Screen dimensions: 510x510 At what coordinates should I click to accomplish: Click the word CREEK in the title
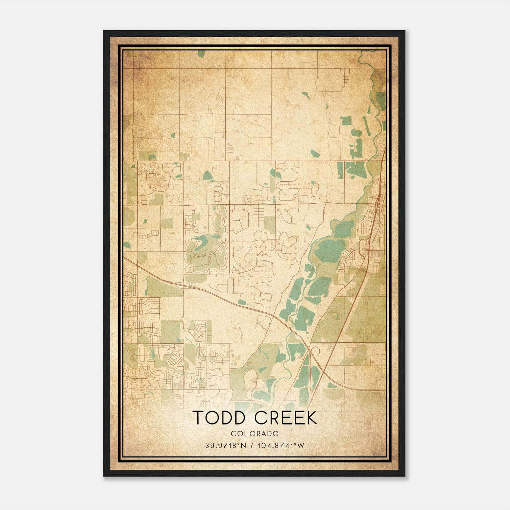286,418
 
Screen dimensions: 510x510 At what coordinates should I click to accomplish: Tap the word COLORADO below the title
255,433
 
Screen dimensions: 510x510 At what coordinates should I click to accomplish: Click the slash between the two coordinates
252,445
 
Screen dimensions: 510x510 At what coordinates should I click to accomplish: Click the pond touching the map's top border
201,54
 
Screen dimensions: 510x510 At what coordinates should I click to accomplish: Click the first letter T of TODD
199,418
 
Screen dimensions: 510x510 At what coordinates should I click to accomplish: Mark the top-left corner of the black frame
104,31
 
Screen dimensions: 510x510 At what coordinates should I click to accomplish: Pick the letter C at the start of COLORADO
233,433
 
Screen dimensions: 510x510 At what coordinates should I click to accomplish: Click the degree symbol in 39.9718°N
240,443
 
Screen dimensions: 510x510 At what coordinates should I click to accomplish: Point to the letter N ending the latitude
244,445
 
